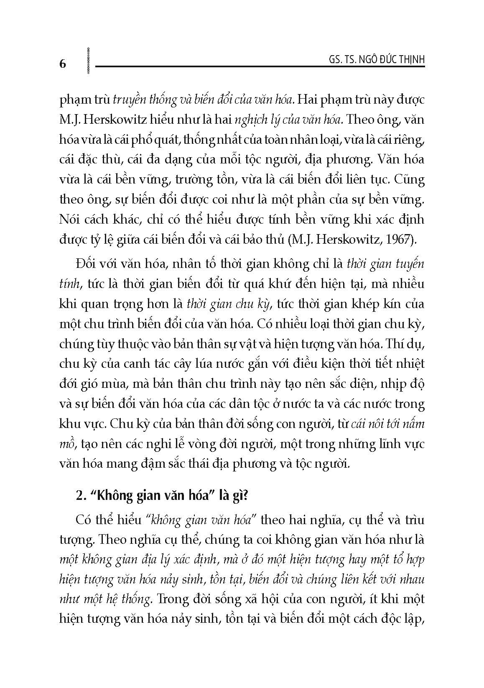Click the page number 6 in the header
coord(63,64)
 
